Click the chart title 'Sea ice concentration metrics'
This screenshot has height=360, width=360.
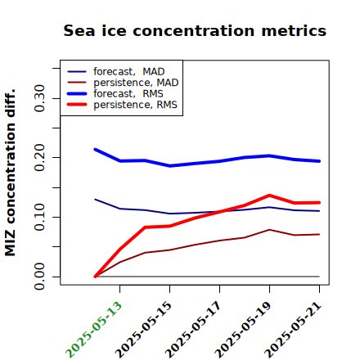(x=195, y=30)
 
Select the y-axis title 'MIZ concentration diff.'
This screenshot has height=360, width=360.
(x=10, y=173)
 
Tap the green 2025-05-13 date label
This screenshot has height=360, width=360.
(x=93, y=330)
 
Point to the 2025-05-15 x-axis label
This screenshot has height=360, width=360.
(x=143, y=330)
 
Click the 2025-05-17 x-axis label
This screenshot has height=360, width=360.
(x=193, y=330)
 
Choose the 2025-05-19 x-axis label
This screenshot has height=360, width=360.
(x=243, y=330)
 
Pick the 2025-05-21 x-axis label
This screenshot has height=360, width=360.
(x=293, y=330)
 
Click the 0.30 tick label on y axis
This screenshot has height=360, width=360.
(x=40, y=98)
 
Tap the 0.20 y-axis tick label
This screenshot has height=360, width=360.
(x=40, y=157)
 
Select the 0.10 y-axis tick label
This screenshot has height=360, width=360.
(x=40, y=217)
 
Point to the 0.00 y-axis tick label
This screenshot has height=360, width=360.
(x=40, y=277)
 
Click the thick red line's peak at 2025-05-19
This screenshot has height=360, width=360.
(x=269, y=196)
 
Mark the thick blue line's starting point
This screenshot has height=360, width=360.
(x=95, y=150)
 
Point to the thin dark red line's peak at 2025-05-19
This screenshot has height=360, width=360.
(x=269, y=230)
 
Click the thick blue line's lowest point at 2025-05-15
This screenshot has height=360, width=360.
(x=170, y=165)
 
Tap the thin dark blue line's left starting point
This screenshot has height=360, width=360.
(x=95, y=200)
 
